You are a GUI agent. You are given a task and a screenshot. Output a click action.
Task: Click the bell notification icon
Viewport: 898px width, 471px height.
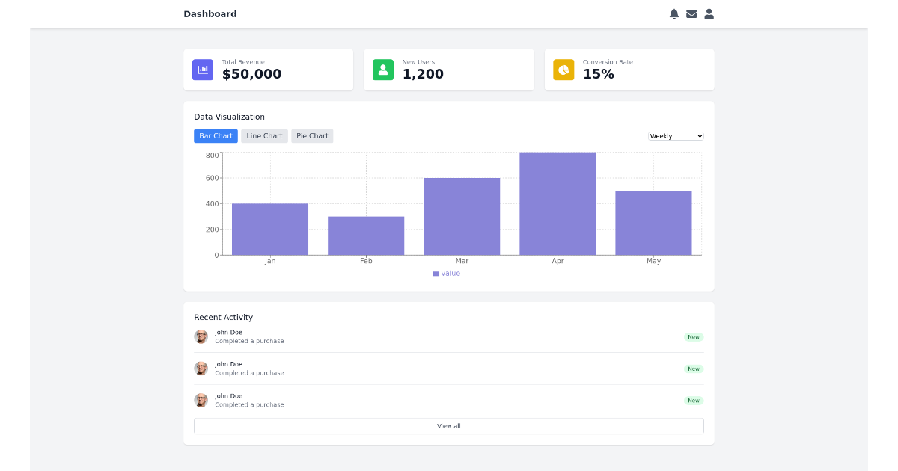point(674,14)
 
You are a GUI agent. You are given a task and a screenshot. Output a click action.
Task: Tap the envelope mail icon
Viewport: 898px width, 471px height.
point(691,14)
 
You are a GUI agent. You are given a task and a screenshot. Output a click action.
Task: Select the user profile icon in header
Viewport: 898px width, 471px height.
point(709,14)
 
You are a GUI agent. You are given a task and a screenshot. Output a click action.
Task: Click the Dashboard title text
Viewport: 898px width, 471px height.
point(210,14)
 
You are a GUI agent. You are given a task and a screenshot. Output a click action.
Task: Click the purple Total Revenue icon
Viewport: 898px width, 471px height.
point(203,70)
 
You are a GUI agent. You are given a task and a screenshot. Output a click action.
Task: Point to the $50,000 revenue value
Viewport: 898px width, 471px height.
point(251,74)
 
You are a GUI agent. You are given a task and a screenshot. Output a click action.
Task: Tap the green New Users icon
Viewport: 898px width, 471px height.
point(383,70)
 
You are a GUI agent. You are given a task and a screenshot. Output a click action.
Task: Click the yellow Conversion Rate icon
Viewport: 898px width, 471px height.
point(563,70)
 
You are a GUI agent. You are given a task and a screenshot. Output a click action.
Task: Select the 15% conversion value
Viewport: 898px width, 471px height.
point(599,74)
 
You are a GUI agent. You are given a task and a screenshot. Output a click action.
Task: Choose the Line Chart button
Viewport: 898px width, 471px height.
point(264,136)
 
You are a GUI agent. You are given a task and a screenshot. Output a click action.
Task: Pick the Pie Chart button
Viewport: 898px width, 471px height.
point(312,136)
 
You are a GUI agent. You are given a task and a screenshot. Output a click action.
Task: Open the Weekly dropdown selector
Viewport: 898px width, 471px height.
point(676,136)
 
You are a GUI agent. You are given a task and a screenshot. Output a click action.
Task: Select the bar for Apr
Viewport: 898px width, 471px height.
point(558,203)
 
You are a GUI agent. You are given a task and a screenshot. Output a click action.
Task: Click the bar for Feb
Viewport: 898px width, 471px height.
point(366,235)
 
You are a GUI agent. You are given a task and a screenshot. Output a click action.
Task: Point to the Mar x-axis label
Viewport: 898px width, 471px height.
point(462,261)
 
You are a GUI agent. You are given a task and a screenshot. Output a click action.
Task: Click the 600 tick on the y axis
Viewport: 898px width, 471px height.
point(212,178)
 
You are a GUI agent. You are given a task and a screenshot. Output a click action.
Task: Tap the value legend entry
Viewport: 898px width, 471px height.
point(448,274)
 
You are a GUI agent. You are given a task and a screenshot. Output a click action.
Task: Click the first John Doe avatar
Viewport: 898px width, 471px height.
point(201,336)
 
